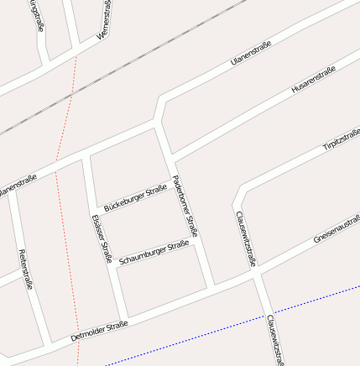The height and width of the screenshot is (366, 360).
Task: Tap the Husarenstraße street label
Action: click(312, 80)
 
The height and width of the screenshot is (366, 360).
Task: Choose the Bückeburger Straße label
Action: click(134, 198)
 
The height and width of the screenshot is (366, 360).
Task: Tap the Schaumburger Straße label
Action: click(154, 253)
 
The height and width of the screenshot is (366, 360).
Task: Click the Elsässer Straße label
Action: click(102, 238)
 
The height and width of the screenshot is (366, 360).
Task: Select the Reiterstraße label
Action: click(25, 269)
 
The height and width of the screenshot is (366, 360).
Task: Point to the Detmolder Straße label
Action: click(99, 330)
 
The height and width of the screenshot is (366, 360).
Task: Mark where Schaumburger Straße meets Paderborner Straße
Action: click(195, 243)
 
